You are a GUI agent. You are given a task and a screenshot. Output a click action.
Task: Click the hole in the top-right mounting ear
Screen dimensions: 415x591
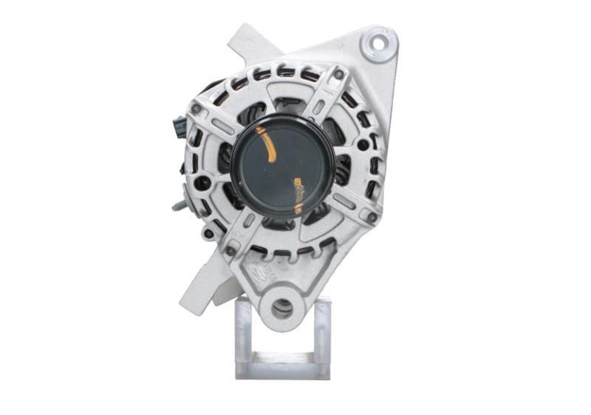tap(378, 43)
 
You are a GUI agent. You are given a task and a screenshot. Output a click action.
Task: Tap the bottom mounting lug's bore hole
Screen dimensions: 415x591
tap(281, 308)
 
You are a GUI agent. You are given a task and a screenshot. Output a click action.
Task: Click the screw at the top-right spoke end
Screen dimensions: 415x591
tap(338, 75)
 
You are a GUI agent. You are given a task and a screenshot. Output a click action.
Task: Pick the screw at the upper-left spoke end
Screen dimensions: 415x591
tap(196, 109)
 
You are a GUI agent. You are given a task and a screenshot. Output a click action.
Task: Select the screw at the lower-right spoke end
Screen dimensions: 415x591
tap(371, 217)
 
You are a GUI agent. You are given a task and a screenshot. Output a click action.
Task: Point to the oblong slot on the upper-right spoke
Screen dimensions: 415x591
tap(317, 108)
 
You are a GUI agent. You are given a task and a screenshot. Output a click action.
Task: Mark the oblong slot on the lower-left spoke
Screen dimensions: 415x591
tap(249, 220)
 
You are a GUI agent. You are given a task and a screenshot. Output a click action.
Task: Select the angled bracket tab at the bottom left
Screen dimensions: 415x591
tap(195, 289)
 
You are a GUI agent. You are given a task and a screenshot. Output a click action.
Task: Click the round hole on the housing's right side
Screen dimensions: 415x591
tap(363, 145)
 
